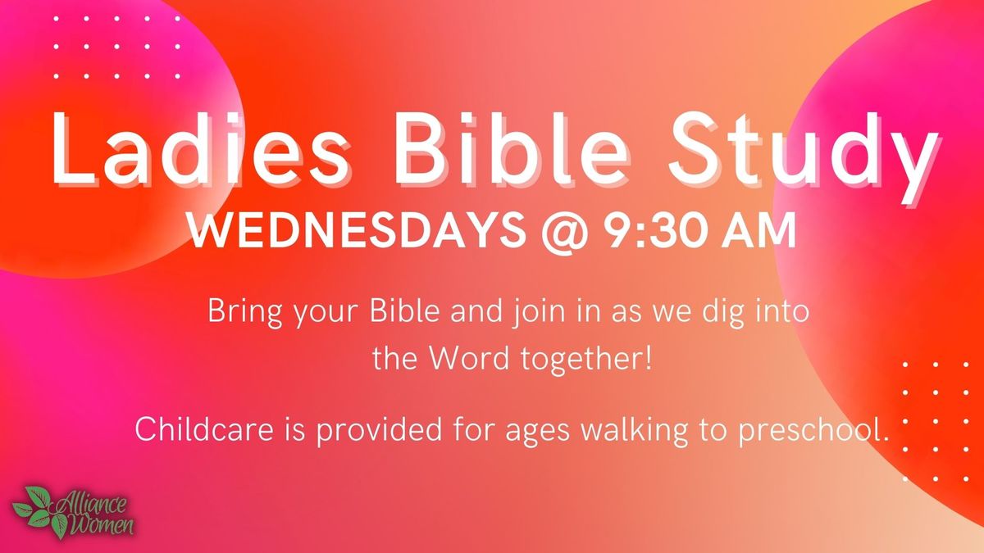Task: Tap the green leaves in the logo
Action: (x=38, y=510)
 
